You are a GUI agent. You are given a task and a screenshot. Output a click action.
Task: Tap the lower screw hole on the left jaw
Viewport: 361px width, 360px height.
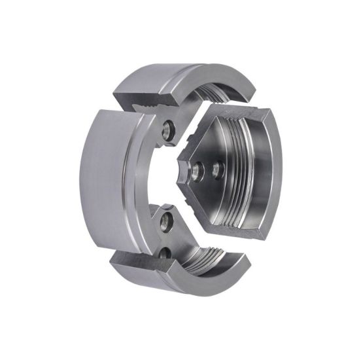167,220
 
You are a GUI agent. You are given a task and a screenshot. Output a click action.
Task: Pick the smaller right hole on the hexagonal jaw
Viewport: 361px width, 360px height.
216,171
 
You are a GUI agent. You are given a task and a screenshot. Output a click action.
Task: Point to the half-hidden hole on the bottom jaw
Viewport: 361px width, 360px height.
165,251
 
